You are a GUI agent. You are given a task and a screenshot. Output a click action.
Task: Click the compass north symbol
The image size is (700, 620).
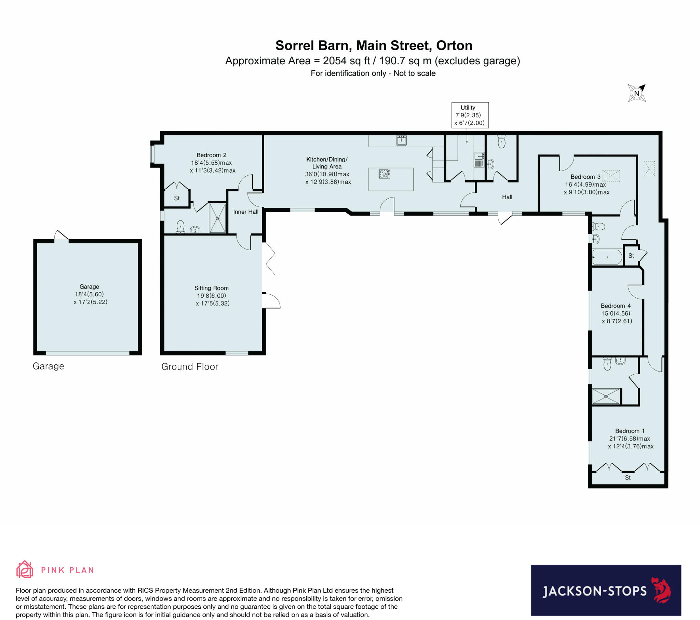637,93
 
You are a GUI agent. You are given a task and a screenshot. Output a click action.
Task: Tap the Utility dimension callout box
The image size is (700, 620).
470,115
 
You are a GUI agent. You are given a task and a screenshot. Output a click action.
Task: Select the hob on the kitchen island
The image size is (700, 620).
384,174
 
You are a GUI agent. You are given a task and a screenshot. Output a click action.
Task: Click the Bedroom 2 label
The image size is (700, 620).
211,155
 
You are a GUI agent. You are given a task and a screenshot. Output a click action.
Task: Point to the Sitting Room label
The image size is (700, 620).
211,288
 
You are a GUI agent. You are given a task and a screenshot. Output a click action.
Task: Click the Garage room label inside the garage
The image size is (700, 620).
89,287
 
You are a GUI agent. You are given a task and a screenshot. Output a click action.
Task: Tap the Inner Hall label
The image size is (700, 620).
245,212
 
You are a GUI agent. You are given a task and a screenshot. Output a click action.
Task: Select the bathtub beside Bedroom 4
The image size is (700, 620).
607,257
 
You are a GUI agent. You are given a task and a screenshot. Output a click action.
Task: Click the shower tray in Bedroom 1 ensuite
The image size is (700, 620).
606,396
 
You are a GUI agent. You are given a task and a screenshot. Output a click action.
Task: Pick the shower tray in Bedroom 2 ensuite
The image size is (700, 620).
218,218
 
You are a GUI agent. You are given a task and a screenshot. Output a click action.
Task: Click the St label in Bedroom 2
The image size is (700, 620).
177,198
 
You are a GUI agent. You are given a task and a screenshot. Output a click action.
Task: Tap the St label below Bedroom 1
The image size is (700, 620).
628,477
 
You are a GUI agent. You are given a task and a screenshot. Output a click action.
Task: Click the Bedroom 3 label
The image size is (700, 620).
585,177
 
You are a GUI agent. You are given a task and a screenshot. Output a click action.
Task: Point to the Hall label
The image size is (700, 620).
507,197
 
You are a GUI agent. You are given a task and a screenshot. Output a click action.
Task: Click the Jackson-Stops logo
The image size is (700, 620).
605,591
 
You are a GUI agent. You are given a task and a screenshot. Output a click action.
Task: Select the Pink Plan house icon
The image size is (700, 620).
25,570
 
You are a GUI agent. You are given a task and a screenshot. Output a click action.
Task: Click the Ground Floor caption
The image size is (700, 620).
189,367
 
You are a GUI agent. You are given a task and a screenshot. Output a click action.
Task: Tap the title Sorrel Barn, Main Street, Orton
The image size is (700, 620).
374,45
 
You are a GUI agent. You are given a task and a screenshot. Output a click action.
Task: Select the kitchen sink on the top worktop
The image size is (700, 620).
401,140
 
